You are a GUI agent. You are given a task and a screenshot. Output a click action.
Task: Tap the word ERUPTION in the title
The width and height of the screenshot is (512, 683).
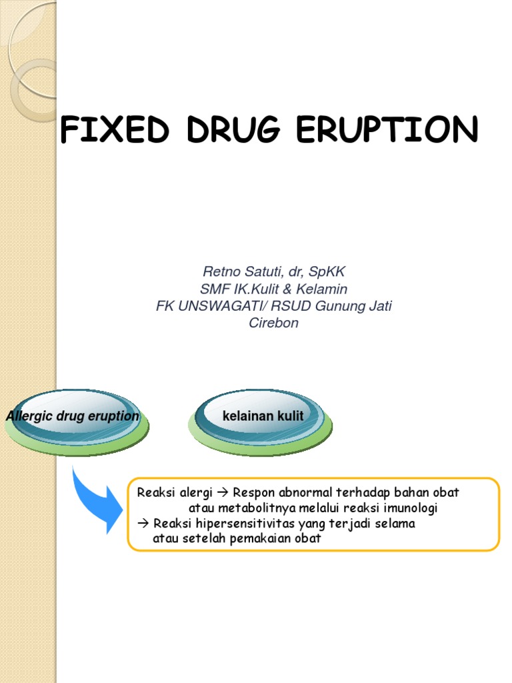click(x=387, y=131)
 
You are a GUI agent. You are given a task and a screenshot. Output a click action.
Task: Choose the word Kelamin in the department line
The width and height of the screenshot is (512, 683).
click(x=325, y=289)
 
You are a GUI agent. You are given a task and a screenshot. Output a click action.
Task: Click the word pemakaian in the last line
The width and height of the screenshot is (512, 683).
click(x=257, y=539)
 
